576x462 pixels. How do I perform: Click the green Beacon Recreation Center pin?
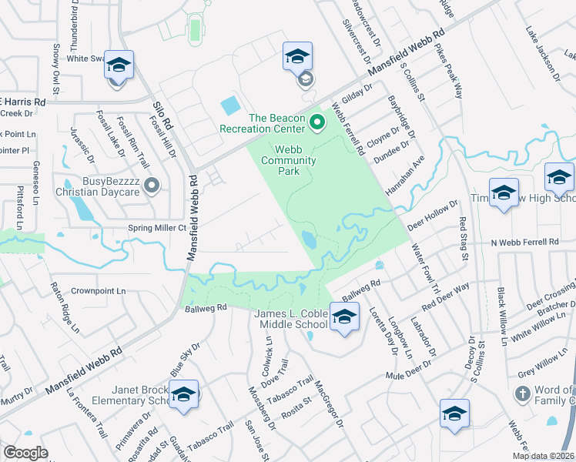click(x=316, y=122)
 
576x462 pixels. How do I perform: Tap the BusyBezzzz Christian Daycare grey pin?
click(x=152, y=185)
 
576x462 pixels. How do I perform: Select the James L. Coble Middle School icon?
click(x=344, y=316)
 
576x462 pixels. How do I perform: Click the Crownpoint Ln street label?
click(x=99, y=291)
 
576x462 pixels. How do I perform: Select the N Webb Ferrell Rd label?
click(x=524, y=242)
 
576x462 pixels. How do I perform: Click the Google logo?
click(x=25, y=453)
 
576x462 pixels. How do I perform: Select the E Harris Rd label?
click(x=23, y=102)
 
